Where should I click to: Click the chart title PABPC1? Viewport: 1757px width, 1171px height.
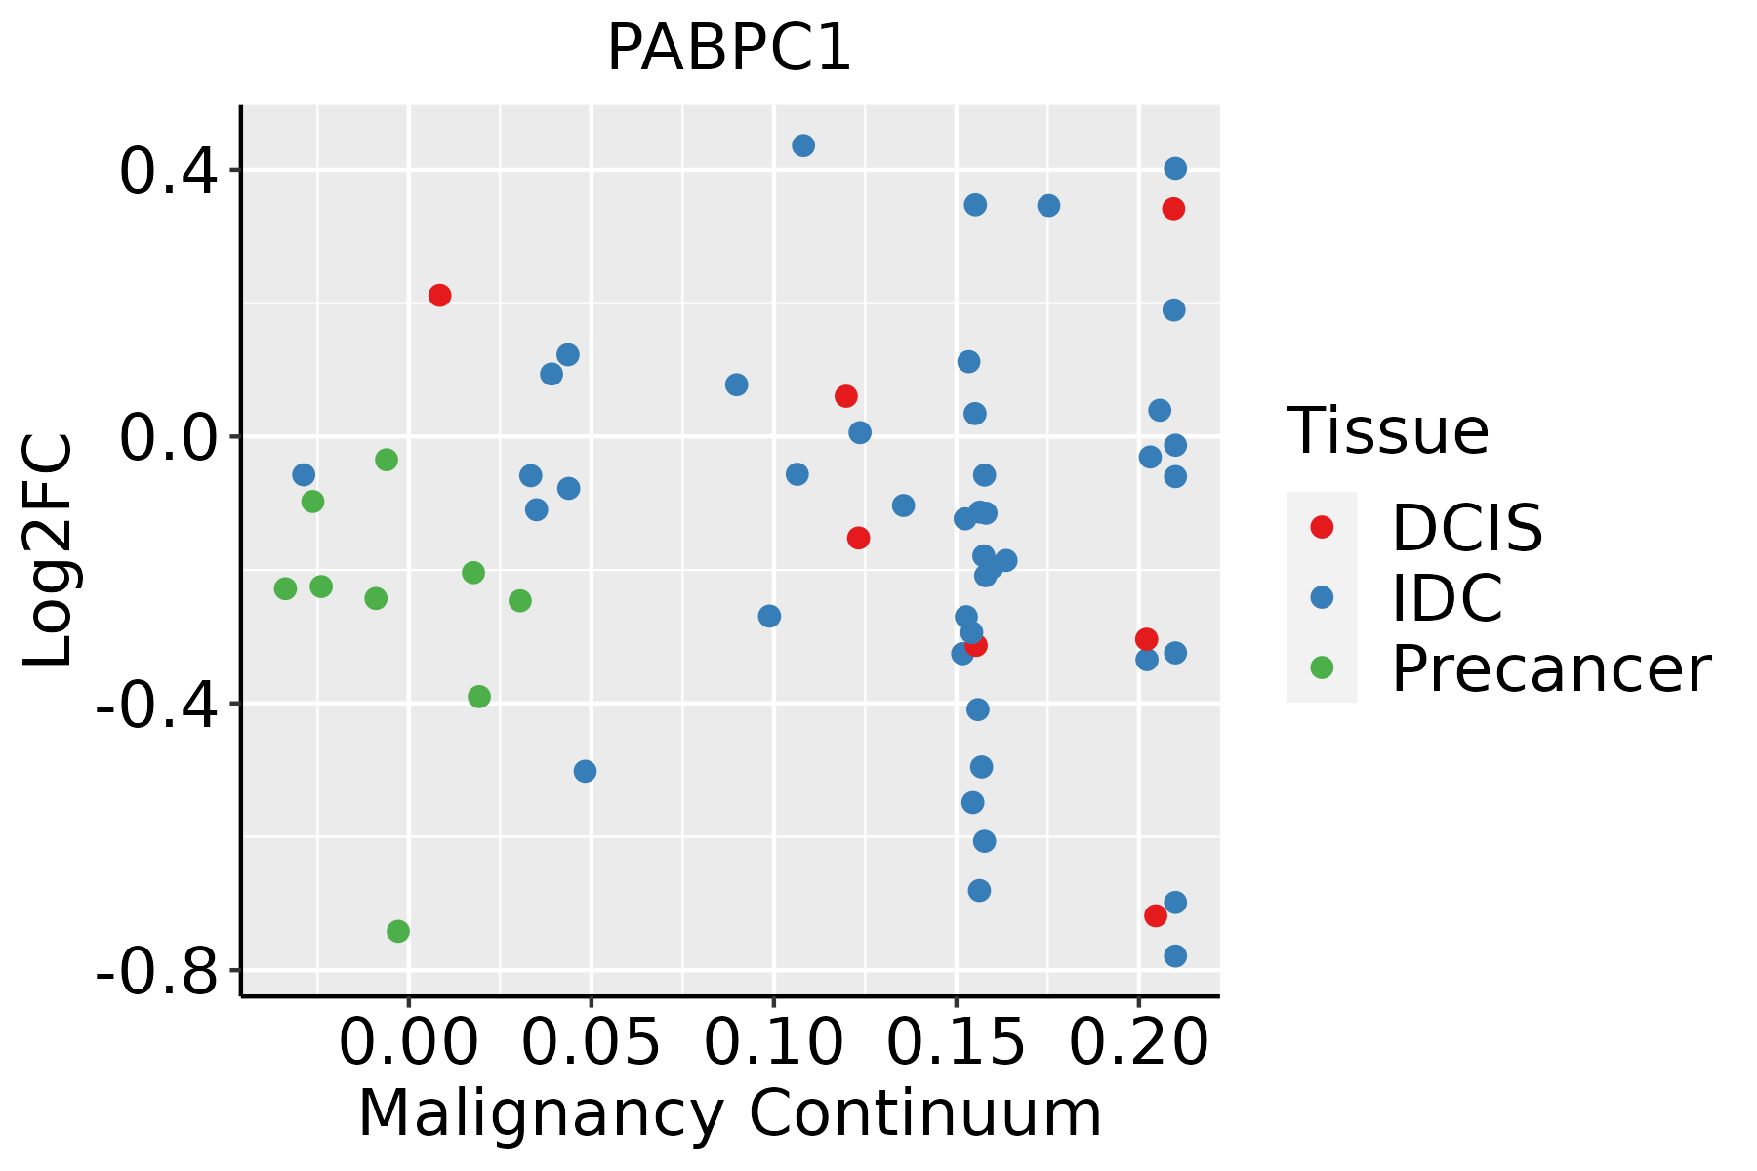click(x=729, y=49)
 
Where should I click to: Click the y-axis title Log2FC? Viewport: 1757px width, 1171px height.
click(x=49, y=550)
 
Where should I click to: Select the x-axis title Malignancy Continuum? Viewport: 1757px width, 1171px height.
click(x=729, y=1113)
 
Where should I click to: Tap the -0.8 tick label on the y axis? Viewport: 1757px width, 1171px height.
click(x=156, y=971)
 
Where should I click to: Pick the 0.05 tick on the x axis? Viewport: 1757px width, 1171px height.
click(x=591, y=1043)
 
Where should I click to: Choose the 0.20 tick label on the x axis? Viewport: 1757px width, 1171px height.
click(x=1138, y=1043)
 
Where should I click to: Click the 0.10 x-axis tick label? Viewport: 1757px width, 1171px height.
click(x=773, y=1043)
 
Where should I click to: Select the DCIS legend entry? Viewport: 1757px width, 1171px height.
click(x=1466, y=528)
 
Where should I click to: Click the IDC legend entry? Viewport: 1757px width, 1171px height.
click(x=1447, y=598)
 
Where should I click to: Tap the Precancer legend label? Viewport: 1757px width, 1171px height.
click(x=1550, y=669)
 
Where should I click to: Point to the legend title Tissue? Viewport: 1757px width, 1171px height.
click(x=1387, y=430)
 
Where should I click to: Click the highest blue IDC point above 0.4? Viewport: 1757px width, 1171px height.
click(x=803, y=145)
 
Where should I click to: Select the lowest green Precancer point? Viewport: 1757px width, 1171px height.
click(x=398, y=931)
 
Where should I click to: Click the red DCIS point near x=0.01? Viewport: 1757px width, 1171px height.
click(x=439, y=295)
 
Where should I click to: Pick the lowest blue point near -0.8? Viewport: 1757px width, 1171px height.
click(x=1175, y=955)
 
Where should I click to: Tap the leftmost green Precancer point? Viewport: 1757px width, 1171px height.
click(x=285, y=588)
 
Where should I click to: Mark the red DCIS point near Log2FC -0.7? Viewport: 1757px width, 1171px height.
click(x=1156, y=915)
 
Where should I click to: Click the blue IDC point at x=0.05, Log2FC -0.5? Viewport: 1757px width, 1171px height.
click(x=585, y=771)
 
